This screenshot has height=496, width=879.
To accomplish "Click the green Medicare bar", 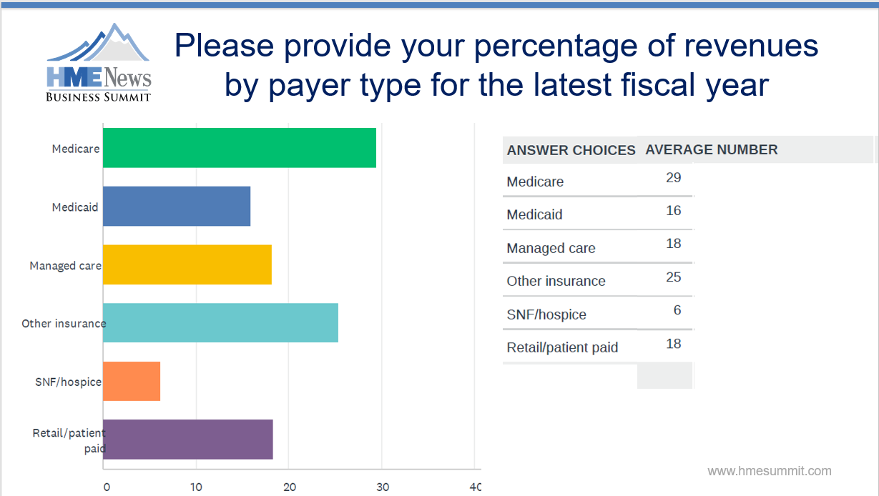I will coord(239,148).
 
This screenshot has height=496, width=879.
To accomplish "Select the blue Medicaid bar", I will coord(177,207).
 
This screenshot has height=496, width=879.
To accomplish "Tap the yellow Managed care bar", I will coord(187,264).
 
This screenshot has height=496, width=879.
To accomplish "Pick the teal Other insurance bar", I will coord(220,322).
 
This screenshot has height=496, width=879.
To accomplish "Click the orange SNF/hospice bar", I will coord(132,381).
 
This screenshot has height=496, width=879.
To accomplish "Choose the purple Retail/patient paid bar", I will coord(187,439).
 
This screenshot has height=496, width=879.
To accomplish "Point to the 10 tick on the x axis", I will coord(196,487).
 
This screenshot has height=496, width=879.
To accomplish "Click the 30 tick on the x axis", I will coord(382,487).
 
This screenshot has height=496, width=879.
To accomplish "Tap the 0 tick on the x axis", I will coord(106,487).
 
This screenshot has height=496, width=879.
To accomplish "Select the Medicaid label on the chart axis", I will coord(75,207).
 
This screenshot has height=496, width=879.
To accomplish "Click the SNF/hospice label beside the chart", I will coord(68,382).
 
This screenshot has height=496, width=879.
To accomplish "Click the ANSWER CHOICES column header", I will coord(571,150).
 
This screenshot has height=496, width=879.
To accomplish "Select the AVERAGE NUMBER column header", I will coord(711,149).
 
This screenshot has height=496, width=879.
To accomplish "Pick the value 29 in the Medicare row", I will coord(673,177).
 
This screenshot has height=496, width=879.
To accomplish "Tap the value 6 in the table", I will coord(677,310).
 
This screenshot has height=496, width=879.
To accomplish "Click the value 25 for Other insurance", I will coord(673,277).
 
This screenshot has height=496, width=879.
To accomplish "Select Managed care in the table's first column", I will coord(551,248).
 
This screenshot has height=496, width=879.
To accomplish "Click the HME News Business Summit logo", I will coord(99,64).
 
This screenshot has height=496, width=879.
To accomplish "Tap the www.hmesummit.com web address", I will coord(769,471).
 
